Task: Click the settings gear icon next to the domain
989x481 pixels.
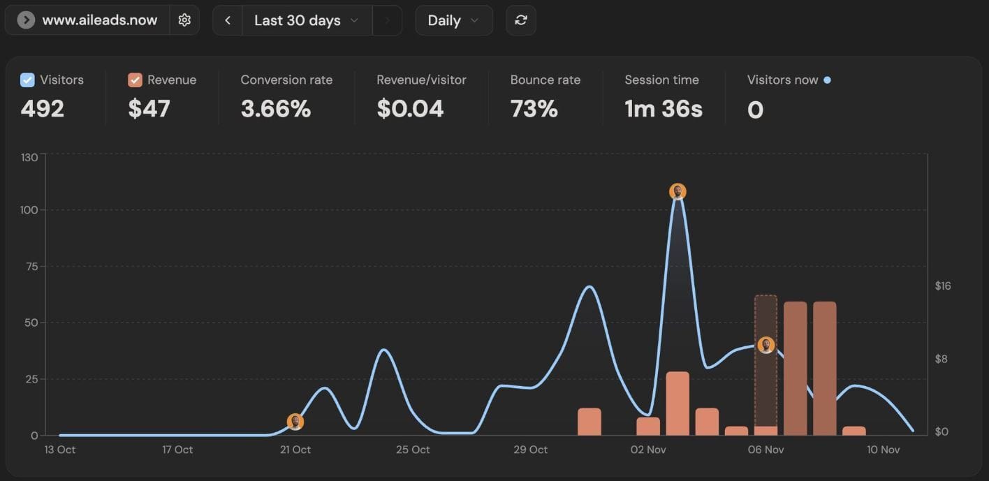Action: (x=184, y=20)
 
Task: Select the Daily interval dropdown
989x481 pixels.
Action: (x=453, y=20)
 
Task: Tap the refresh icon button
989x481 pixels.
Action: (x=520, y=20)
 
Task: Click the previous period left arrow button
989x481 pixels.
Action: (x=228, y=20)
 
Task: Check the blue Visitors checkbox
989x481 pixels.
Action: (x=27, y=80)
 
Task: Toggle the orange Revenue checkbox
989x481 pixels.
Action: (x=135, y=80)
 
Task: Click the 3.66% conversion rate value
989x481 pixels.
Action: (x=275, y=109)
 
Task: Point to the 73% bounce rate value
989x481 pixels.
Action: (x=534, y=109)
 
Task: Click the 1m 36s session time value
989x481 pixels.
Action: (x=663, y=109)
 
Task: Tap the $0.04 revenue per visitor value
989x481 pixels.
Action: (x=410, y=109)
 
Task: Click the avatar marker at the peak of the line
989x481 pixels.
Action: (x=677, y=191)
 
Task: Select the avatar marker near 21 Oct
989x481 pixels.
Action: (x=295, y=422)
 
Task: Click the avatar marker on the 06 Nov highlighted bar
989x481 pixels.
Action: (x=766, y=345)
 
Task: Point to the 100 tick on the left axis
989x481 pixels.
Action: (x=29, y=210)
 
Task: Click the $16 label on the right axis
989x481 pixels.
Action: (x=943, y=286)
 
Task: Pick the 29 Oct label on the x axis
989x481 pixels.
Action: (x=530, y=450)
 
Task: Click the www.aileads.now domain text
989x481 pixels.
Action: (x=99, y=20)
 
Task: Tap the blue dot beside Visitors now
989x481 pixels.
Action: (x=828, y=80)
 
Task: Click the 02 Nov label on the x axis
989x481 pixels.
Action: (x=648, y=450)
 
